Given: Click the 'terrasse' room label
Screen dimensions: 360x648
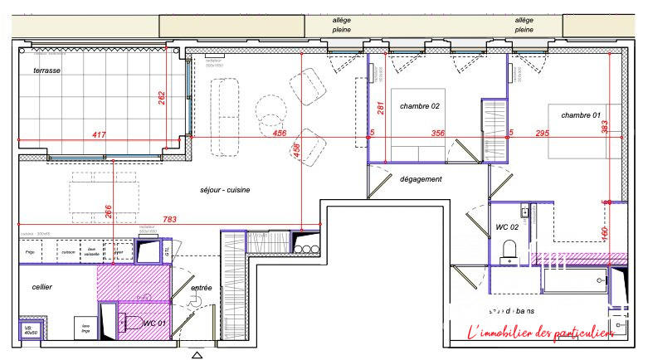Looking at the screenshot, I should [x=46, y=71].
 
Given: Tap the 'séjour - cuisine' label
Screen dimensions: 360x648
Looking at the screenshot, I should [x=225, y=190].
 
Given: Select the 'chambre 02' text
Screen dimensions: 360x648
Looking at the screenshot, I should [x=419, y=106].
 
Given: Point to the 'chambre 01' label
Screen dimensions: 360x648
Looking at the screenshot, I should [x=580, y=114].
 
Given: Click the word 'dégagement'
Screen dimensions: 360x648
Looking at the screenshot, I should [x=421, y=179].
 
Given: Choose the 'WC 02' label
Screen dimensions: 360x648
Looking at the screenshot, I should [x=507, y=226].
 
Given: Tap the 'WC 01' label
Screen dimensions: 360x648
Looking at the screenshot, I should [x=157, y=323].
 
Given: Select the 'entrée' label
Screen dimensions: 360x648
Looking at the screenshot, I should [x=201, y=288].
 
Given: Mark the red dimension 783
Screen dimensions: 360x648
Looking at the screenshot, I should [x=169, y=220].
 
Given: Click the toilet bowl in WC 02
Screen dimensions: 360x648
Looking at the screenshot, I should [x=511, y=248].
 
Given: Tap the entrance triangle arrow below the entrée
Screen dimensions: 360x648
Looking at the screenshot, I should [x=197, y=355].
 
